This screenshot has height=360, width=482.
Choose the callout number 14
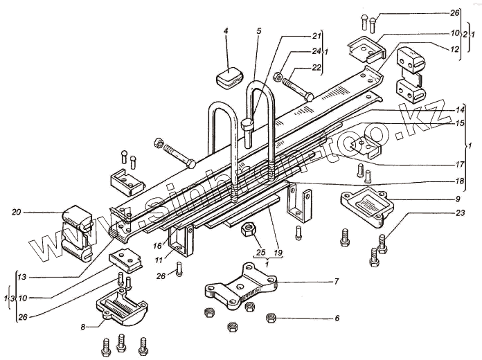pyautogui.click(x=458, y=110)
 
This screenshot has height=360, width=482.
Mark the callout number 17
pyautogui.click(x=458, y=165)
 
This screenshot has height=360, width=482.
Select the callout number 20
pyautogui.click(x=16, y=212)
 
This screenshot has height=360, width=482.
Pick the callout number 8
pyautogui.click(x=83, y=327)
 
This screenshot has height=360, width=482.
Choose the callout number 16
pyautogui.click(x=158, y=245)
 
